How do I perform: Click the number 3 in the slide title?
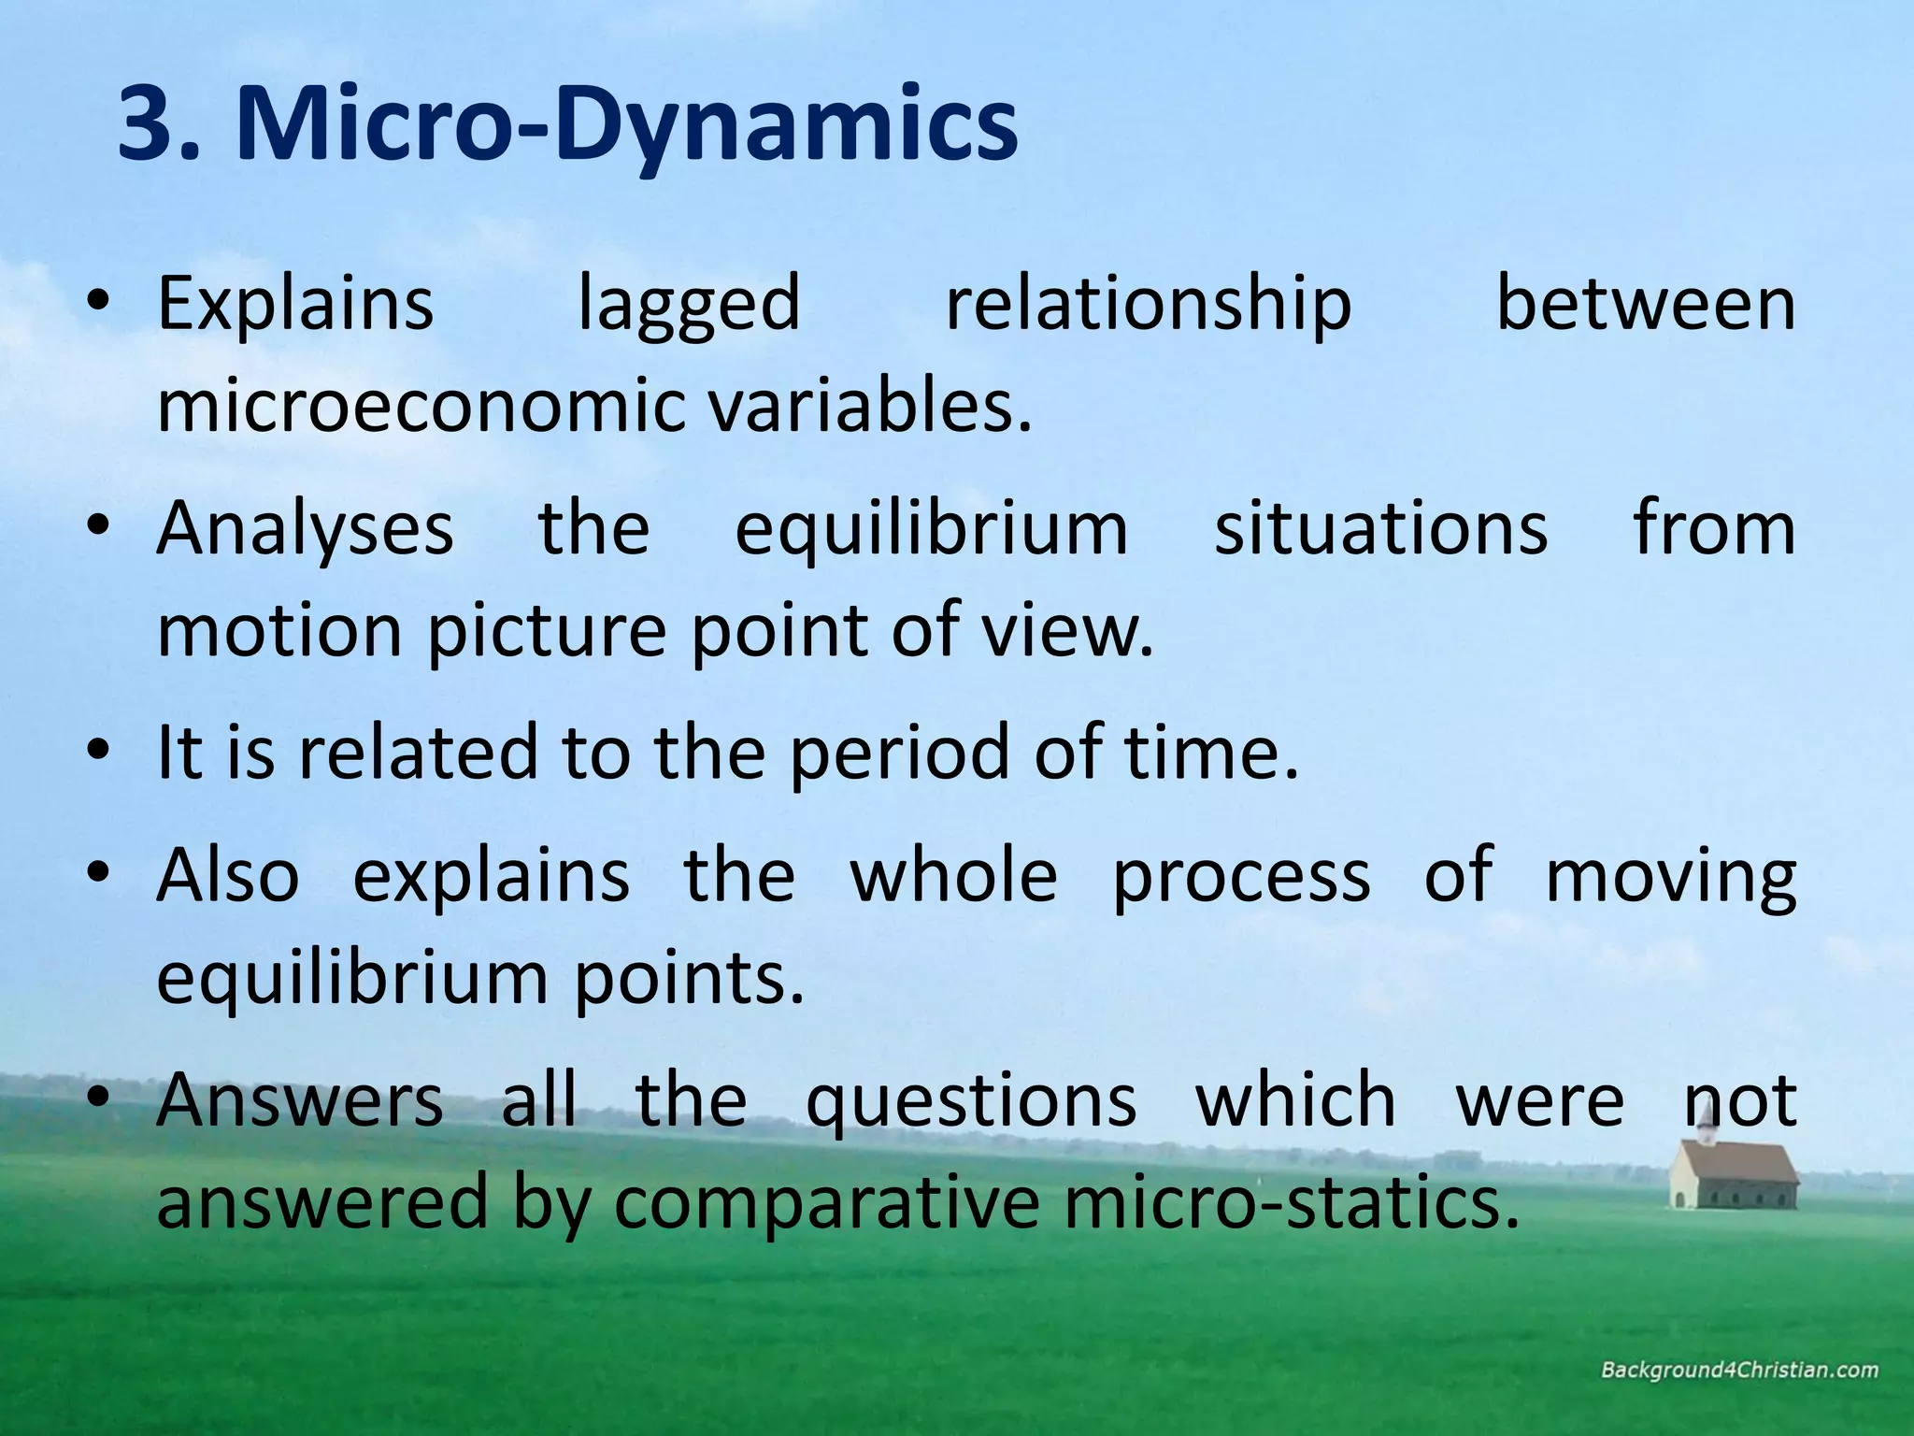coord(150,123)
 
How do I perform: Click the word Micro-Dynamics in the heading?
coord(626,123)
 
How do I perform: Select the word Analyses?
coord(305,528)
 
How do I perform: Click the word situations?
coord(1380,528)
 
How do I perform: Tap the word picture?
coord(547,632)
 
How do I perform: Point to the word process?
coord(1241,877)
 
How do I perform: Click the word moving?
coord(1670,877)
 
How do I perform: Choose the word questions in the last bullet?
coord(971,1101)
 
